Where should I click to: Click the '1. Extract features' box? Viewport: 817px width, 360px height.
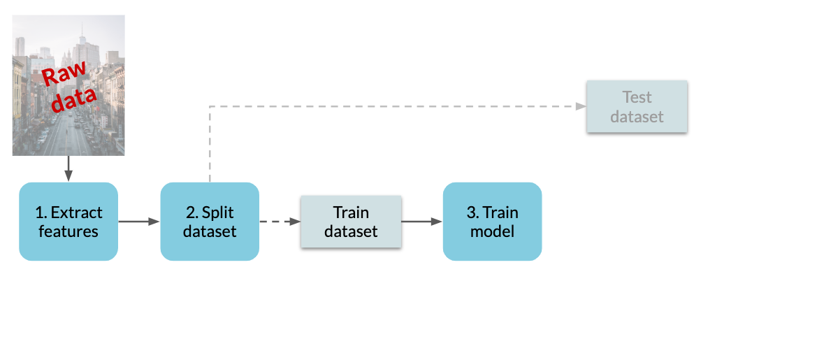point(68,222)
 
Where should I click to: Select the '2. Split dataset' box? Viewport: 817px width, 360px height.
point(210,222)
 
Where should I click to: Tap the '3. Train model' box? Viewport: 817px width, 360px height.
point(493,222)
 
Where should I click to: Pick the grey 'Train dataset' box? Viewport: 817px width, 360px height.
point(351,222)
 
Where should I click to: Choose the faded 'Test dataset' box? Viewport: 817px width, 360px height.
point(637,106)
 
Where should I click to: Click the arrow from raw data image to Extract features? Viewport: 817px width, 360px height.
point(68,168)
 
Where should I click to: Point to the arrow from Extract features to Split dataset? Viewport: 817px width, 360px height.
point(139,222)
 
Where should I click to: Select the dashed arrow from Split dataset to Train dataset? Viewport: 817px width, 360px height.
point(280,222)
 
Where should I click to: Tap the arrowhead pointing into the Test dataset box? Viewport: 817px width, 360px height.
point(581,106)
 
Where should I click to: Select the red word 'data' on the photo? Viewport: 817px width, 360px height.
point(75,99)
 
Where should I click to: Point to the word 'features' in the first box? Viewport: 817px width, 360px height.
point(68,231)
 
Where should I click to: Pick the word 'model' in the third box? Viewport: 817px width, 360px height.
point(493,231)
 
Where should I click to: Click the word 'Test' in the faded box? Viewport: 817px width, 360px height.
point(637,97)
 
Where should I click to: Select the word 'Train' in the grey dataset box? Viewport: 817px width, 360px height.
point(351,213)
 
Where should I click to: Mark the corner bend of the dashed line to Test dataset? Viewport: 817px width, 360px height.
point(210,106)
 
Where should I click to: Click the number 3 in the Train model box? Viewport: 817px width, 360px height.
point(471,213)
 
